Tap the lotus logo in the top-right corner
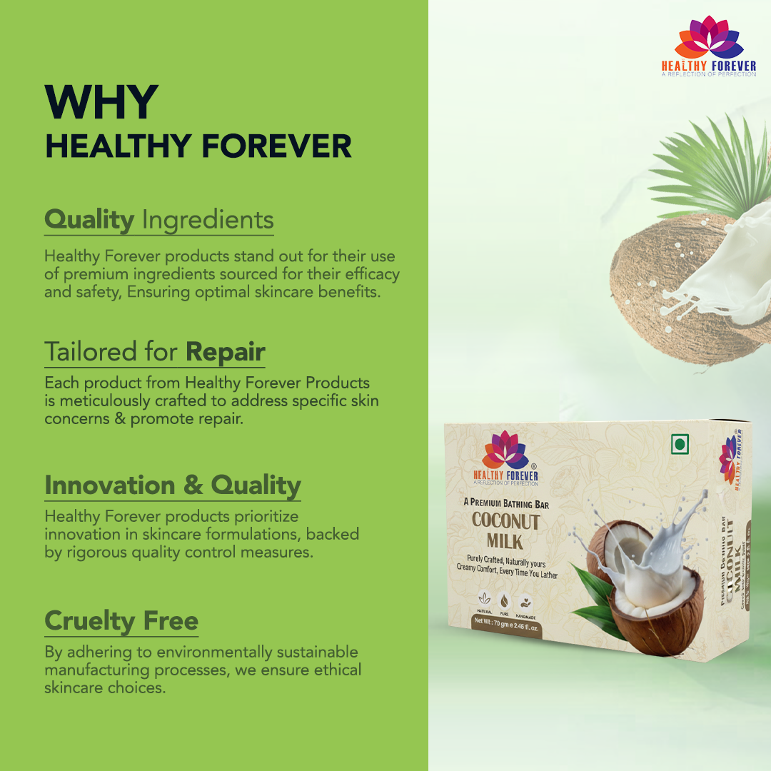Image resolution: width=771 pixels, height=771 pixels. click(x=707, y=39)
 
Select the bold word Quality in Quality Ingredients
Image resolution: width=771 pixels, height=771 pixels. click(x=89, y=220)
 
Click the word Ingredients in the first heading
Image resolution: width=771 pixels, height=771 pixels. click(x=208, y=220)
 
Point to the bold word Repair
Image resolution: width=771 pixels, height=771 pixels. click(x=226, y=352)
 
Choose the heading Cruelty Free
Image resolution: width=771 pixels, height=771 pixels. click(x=121, y=620)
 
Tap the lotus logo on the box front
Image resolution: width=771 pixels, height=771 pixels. click(x=505, y=453)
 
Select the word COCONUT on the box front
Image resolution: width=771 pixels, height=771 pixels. click(x=505, y=521)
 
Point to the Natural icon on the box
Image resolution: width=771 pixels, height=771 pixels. click(x=485, y=599)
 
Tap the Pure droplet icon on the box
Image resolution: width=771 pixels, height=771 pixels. click(x=505, y=599)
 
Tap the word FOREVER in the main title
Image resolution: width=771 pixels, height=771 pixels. click(x=277, y=146)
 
